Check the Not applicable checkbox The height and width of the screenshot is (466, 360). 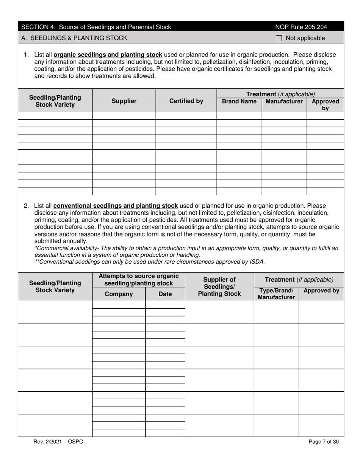[279, 38]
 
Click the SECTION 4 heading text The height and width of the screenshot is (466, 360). [96, 27]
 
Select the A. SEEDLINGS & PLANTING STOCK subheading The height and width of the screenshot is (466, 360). [74, 38]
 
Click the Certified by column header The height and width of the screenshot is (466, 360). [186, 101]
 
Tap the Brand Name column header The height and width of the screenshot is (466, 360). [239, 102]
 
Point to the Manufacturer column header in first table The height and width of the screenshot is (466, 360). [284, 102]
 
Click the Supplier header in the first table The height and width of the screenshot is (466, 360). [124, 101]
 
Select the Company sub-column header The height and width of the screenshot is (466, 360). [119, 294]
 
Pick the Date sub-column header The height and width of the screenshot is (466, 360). [165, 294]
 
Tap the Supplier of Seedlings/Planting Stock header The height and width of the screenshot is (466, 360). [219, 287]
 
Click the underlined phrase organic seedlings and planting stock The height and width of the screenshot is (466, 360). [108, 55]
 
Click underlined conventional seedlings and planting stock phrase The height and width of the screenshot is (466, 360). [116, 206]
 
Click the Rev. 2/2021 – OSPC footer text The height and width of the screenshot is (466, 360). [58, 442]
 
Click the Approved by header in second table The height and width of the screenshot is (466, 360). [321, 291]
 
